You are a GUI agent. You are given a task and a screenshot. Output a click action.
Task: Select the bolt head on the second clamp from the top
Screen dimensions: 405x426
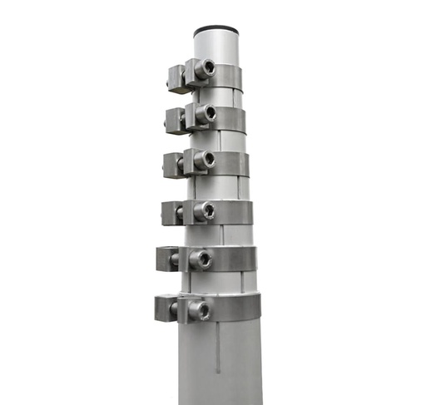(x=206, y=112)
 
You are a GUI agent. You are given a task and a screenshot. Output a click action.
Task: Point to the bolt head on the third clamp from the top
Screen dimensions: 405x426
(x=206, y=159)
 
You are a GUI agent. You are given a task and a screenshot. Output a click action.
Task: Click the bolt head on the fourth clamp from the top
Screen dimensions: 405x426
(x=203, y=211)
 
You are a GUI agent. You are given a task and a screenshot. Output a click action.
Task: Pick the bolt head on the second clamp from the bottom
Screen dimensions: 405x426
(x=201, y=259)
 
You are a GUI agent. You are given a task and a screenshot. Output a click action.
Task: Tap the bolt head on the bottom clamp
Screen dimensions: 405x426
(x=200, y=310)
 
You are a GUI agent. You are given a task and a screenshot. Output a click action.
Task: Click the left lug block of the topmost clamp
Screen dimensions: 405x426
(x=176, y=78)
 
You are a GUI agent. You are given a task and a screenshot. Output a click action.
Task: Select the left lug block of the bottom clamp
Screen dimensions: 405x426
(x=164, y=309)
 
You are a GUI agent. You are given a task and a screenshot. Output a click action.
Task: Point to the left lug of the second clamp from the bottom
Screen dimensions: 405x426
(x=166, y=259)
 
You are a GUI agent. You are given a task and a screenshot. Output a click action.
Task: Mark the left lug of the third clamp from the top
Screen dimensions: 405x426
(x=172, y=165)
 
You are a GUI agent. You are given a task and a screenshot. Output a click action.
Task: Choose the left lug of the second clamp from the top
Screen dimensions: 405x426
(x=175, y=121)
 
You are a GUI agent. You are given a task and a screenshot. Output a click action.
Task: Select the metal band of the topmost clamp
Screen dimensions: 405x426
(x=229, y=77)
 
